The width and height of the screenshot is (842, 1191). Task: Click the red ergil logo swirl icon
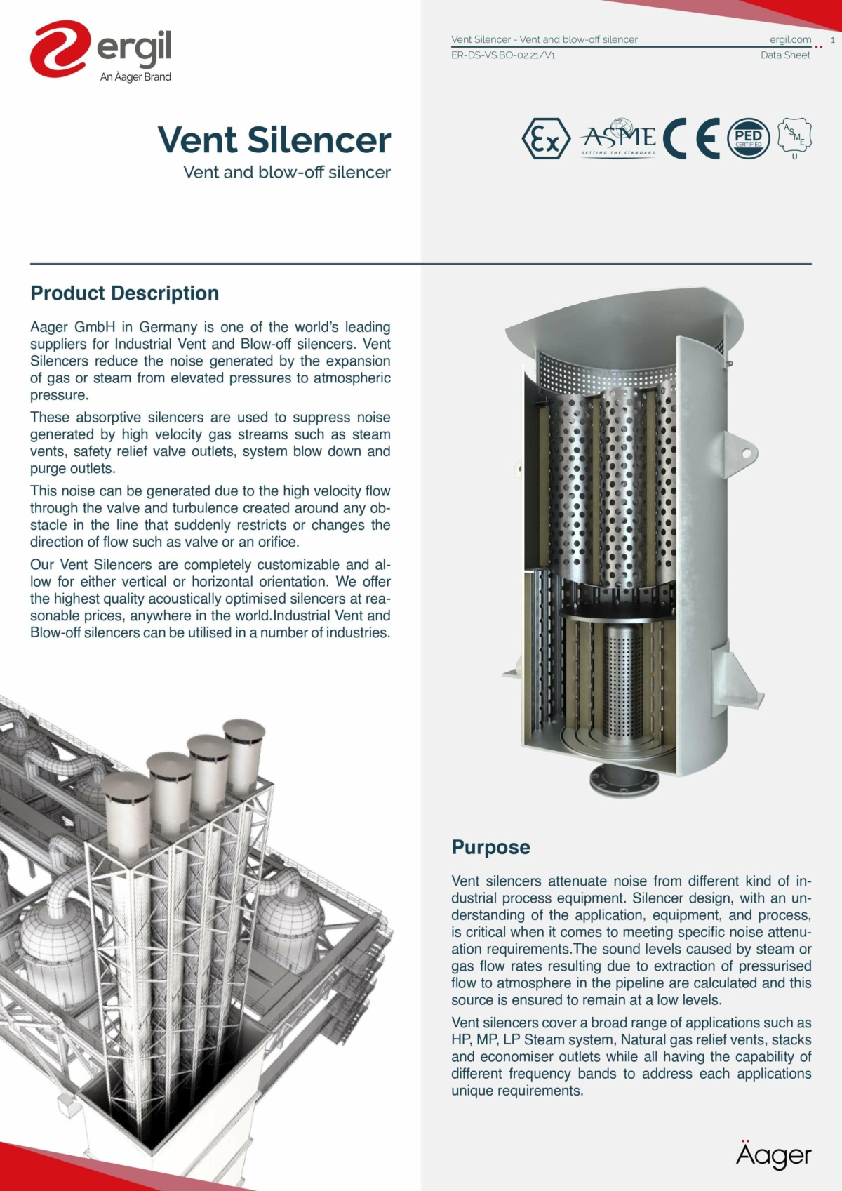point(60,48)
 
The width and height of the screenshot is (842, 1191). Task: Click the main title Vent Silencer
point(274,140)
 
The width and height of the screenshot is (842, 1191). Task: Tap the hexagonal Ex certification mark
point(545,139)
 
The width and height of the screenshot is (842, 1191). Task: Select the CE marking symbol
point(691,138)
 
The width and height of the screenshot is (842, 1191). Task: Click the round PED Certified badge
point(748,138)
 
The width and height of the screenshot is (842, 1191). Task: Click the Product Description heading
point(124,293)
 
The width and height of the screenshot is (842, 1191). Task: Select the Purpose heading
point(490,847)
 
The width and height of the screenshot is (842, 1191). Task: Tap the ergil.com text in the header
point(790,39)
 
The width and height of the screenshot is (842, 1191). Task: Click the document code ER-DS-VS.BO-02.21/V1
point(503,55)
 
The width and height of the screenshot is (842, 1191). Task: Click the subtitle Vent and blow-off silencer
point(286,172)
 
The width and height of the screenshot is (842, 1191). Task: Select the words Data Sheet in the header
point(785,55)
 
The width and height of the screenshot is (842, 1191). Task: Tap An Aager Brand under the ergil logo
point(135,77)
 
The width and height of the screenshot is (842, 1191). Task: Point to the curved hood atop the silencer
point(617,316)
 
